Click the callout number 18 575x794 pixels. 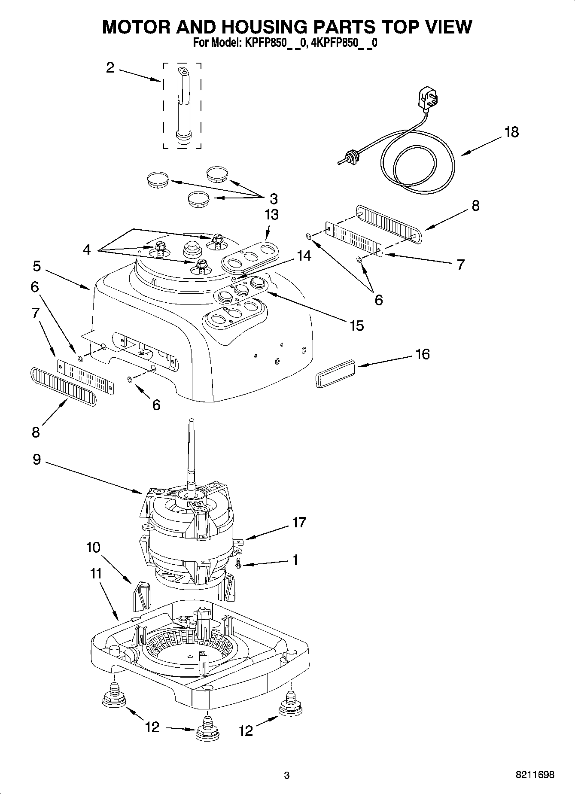(x=511, y=132)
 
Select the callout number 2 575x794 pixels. (x=110, y=67)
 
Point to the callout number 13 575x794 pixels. (x=271, y=214)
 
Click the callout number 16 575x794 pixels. (x=423, y=354)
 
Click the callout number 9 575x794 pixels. (x=37, y=459)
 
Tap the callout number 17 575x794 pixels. (x=299, y=522)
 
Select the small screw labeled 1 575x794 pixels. (x=239, y=567)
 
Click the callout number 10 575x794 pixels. (x=93, y=547)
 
